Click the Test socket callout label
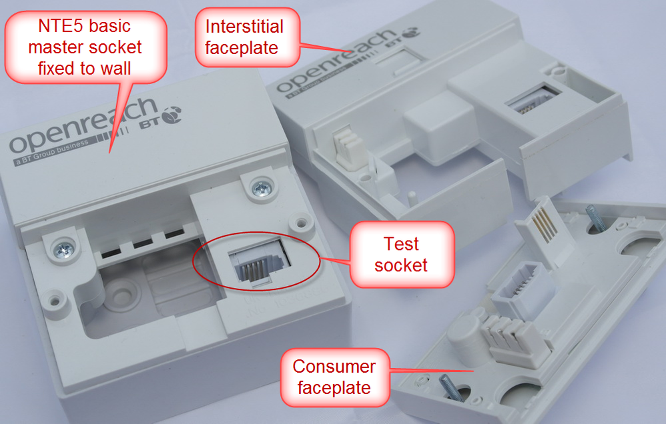(x=400, y=254)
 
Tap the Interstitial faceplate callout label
(x=244, y=37)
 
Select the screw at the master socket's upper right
(x=259, y=189)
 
